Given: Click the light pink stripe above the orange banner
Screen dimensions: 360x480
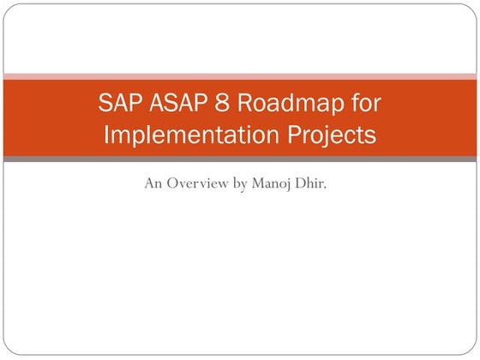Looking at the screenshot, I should (240, 76).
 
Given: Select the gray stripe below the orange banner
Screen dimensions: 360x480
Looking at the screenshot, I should (240, 160).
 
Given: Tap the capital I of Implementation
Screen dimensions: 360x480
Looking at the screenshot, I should (107, 135).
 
